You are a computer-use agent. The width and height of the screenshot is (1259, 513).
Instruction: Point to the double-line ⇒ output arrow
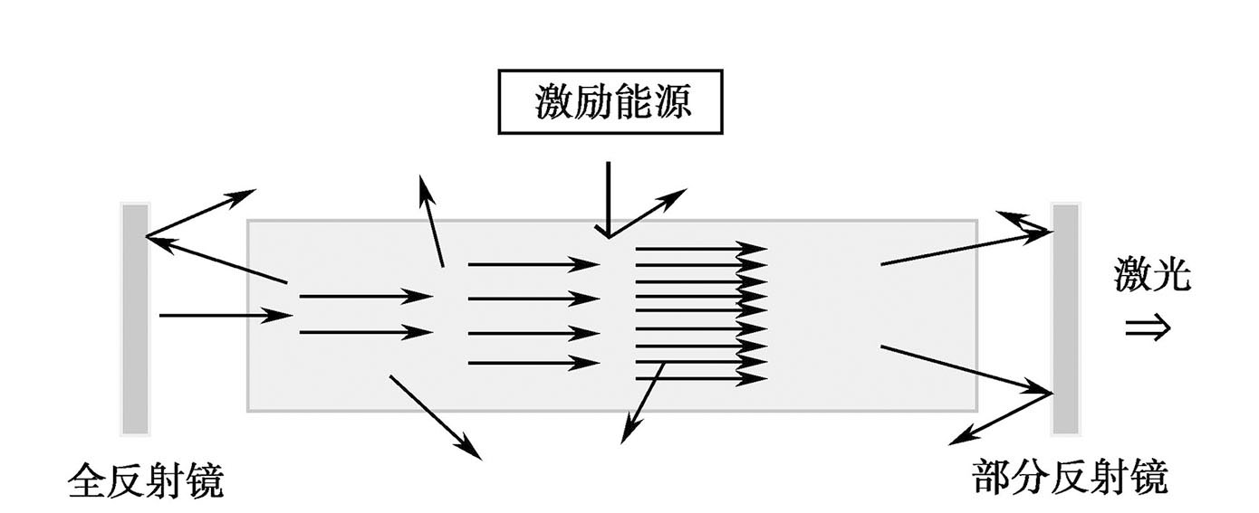pos(1148,328)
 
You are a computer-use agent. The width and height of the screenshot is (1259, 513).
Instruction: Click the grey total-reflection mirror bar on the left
pos(135,318)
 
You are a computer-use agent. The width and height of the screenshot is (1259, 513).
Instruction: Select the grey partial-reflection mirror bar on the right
pos(1065,318)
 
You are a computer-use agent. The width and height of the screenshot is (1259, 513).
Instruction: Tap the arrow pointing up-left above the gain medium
pos(432,221)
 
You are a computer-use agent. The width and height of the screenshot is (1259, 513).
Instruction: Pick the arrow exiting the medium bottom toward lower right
pos(435,416)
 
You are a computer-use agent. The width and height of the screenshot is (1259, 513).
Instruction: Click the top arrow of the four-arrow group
pos(533,264)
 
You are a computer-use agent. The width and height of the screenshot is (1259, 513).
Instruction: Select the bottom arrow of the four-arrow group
pos(533,363)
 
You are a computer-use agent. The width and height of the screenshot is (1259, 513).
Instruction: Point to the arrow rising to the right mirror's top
pos(966,248)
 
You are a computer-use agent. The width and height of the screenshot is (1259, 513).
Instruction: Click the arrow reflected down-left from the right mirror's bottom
pos(1000,419)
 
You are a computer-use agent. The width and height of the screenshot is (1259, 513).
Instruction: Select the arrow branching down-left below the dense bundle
pos(643,403)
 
